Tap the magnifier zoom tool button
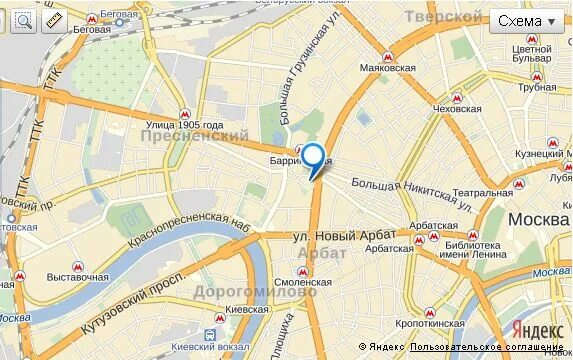click(x=23, y=20)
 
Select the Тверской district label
click(x=443, y=17)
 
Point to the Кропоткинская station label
click(x=431, y=324)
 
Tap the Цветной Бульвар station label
click(x=531, y=54)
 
